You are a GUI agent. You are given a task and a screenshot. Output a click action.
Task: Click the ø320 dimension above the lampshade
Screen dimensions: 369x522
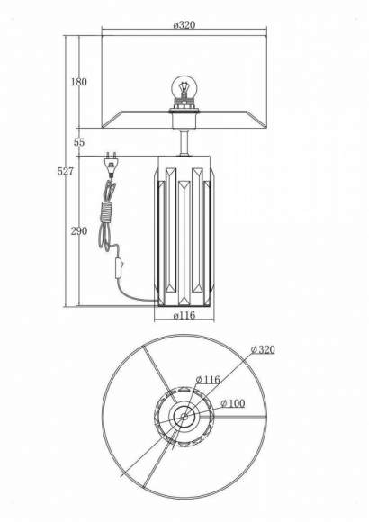point(184,25)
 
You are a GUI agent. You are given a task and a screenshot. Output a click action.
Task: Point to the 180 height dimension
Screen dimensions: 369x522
point(78,82)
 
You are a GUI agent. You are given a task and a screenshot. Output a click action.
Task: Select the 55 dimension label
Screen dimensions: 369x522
point(79,142)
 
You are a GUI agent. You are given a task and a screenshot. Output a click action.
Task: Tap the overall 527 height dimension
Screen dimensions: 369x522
point(66,171)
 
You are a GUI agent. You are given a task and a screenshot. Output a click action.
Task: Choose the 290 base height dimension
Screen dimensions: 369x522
point(79,231)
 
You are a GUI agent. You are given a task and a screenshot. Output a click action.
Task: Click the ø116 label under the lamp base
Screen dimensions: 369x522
point(184,315)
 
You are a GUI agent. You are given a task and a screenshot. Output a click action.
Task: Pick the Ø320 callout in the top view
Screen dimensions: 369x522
point(263,349)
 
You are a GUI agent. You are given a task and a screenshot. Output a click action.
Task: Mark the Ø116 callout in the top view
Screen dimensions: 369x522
point(208,379)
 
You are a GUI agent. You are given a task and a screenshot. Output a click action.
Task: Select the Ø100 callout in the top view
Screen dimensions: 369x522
point(233,403)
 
